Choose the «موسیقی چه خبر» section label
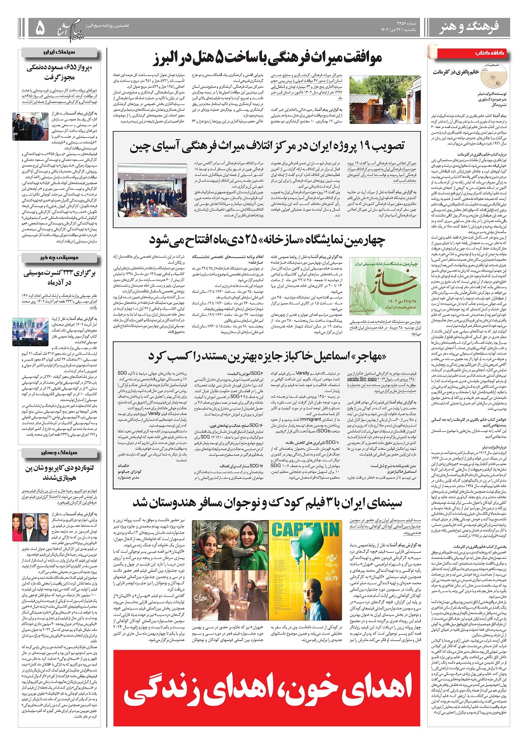(x=60, y=259)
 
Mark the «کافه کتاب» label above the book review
(x=491, y=53)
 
